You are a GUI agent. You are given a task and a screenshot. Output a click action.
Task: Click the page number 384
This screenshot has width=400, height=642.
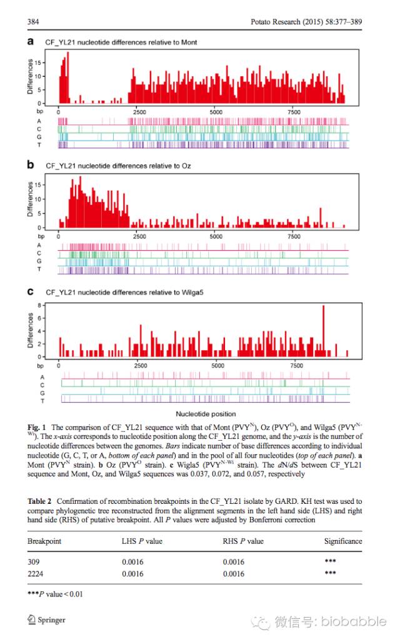tap(33, 22)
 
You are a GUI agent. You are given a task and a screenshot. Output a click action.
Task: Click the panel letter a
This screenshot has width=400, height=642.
tap(30, 41)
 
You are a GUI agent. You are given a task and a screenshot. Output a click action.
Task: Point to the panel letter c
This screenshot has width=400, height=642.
tap(30, 291)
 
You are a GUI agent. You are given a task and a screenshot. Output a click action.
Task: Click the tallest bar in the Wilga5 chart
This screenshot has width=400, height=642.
tap(323, 331)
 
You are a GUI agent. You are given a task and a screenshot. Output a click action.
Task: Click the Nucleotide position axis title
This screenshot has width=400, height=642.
tap(206, 414)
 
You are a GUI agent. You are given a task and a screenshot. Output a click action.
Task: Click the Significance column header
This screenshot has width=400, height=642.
tap(342, 541)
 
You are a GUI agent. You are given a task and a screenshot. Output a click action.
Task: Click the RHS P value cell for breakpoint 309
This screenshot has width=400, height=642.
tap(234, 561)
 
